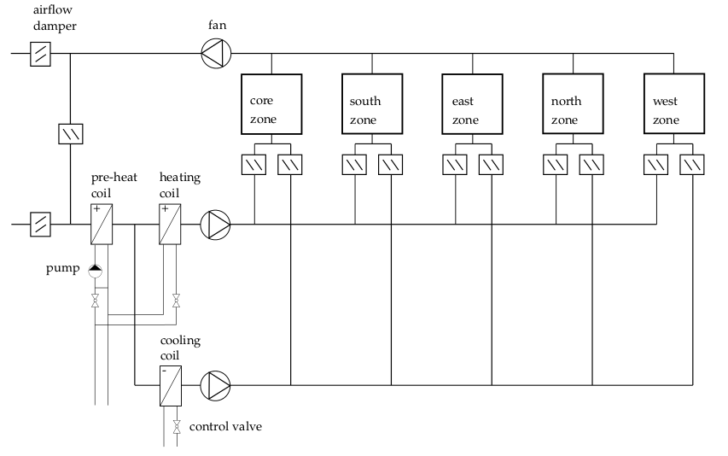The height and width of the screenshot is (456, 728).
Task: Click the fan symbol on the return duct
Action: pyautogui.click(x=214, y=55)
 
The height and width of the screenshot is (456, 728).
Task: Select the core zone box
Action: pyautogui.click(x=271, y=104)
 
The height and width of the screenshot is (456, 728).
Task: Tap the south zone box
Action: pyautogui.click(x=372, y=104)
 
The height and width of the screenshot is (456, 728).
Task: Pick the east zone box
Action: pyautogui.click(x=473, y=104)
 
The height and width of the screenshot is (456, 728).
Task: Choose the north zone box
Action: pyautogui.click(x=574, y=104)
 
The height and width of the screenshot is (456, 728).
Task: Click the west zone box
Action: pyautogui.click(x=674, y=104)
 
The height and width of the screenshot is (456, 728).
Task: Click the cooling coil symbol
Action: pyautogui.click(x=171, y=385)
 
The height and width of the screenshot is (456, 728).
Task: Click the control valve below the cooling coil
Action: pyautogui.click(x=177, y=426)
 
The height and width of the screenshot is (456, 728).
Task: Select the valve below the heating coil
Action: pyautogui.click(x=176, y=300)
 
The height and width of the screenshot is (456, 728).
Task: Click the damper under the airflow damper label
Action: pyautogui.click(x=41, y=55)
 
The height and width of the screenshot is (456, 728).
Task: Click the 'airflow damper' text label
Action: pyautogui.click(x=55, y=18)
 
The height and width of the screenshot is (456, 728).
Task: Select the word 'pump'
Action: pyautogui.click(x=63, y=270)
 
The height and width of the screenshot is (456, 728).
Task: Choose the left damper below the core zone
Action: pyautogui.click(x=256, y=163)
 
